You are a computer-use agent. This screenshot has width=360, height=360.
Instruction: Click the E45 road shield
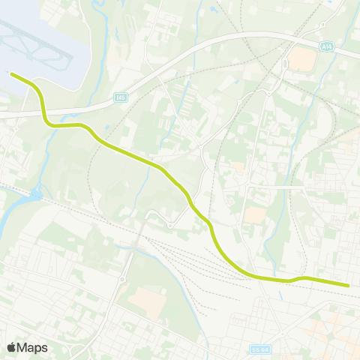pyautogui.click(x=121, y=97)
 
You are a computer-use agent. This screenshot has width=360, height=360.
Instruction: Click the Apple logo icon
pyautogui.click(x=12, y=347)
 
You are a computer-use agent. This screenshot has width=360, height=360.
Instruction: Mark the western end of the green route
pyautogui.click(x=10, y=73)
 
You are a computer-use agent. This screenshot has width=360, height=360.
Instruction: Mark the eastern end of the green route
pyautogui.click(x=349, y=285)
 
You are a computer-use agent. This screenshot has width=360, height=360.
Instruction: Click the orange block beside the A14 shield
pyautogui.click(x=301, y=59)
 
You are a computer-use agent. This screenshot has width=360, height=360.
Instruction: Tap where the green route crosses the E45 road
pyautogui.click(x=46, y=112)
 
